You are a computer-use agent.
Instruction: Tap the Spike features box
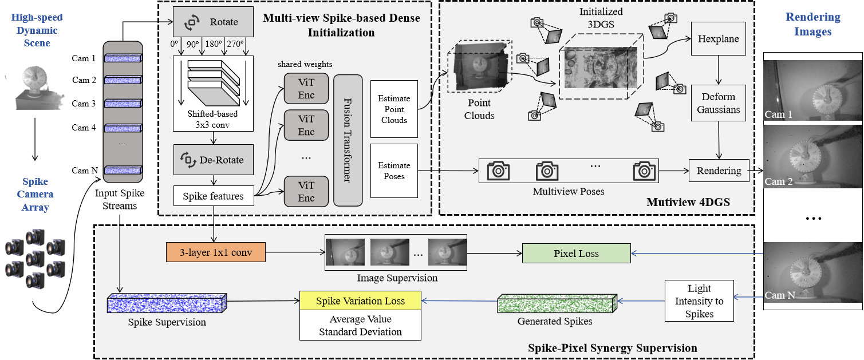tap(213, 196)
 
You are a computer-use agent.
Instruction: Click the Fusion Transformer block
tap(348, 140)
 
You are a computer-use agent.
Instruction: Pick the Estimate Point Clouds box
tap(394, 109)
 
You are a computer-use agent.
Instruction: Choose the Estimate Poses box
tap(394, 171)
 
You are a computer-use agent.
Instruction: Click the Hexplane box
tap(718, 39)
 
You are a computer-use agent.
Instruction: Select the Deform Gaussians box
tap(718, 102)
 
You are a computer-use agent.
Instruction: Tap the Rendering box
tap(719, 171)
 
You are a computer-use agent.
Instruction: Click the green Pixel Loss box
tap(576, 254)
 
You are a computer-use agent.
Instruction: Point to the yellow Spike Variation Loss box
tap(360, 300)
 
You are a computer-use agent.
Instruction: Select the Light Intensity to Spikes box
tap(699, 300)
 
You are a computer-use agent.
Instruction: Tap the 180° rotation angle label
tap(213, 44)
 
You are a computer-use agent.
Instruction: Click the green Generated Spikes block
tap(557, 303)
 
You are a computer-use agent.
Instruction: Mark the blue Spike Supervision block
tap(167, 303)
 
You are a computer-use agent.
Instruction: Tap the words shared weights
tap(305, 64)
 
